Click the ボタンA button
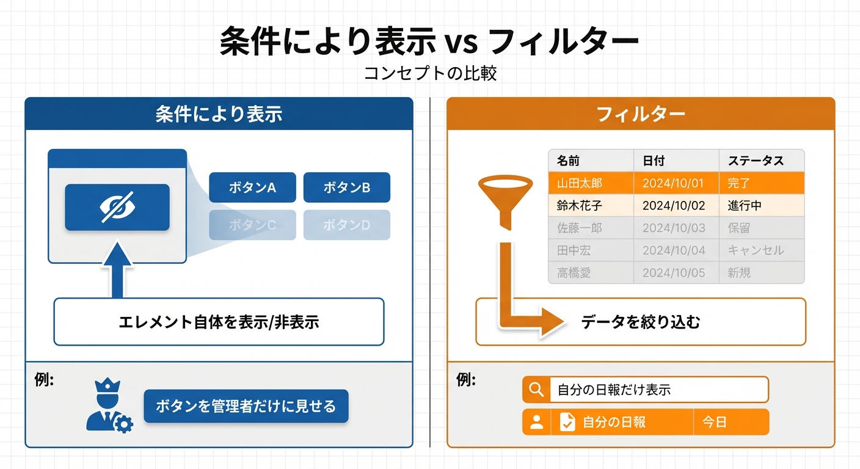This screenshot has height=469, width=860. pos(252,187)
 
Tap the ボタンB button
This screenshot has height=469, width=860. pos(347,187)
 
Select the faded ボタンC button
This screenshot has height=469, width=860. pos(252,225)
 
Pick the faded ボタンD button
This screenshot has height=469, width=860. pos(347,225)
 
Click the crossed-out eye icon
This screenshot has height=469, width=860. pos(117,207)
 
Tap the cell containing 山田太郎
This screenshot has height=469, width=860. pos(591,183)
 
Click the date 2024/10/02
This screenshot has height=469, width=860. pos(674,206)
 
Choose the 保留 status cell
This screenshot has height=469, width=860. pos(762,228)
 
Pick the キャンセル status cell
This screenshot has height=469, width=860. pos(762,250)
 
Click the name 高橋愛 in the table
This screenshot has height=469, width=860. pos(574,273)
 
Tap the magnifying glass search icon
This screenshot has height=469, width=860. pos(536,390)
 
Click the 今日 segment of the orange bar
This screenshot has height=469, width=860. pos(731,422)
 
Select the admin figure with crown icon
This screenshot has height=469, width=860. pos(109,405)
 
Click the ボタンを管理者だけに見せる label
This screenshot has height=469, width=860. pos(246,406)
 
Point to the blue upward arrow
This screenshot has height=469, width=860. pos(117,269)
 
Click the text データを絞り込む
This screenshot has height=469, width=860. pos(640,322)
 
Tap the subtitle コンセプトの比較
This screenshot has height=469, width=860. pos(430,73)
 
